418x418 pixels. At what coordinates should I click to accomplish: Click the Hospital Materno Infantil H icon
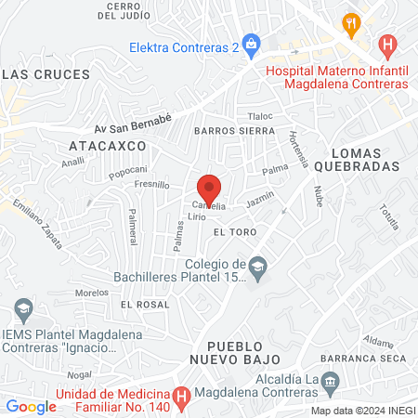[388, 45]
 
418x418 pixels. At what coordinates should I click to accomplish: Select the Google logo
[31, 406]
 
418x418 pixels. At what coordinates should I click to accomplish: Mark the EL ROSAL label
[144, 304]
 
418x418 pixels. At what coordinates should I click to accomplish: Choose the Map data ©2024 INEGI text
[362, 410]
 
